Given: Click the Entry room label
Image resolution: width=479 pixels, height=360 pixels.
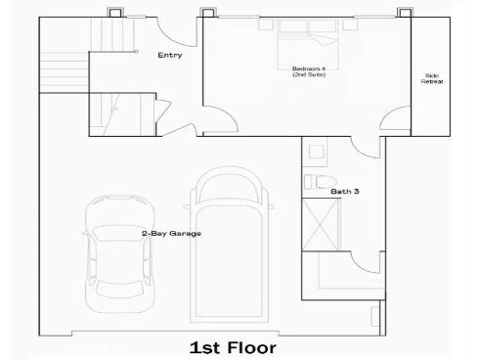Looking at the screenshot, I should click(x=170, y=56).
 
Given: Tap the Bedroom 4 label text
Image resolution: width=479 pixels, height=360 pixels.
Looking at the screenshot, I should click(x=308, y=68).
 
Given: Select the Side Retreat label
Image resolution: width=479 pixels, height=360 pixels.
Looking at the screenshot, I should click(x=432, y=78).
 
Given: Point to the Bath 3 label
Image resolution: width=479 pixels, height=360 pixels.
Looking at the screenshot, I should click(x=345, y=192).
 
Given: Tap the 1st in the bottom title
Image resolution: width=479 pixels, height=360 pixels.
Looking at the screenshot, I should click(x=202, y=347).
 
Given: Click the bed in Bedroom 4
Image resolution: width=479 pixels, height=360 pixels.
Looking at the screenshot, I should click(x=306, y=44).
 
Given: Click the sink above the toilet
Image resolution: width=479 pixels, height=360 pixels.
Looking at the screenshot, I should click(x=314, y=152).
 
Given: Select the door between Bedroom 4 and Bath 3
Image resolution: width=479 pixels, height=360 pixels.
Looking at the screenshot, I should click(x=367, y=145).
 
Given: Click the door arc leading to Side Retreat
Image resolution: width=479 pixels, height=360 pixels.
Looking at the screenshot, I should click(x=395, y=120).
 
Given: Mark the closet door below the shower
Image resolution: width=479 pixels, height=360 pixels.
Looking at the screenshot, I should click(x=365, y=262).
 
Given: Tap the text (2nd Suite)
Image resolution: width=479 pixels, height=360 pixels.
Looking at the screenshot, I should click(x=308, y=75).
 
